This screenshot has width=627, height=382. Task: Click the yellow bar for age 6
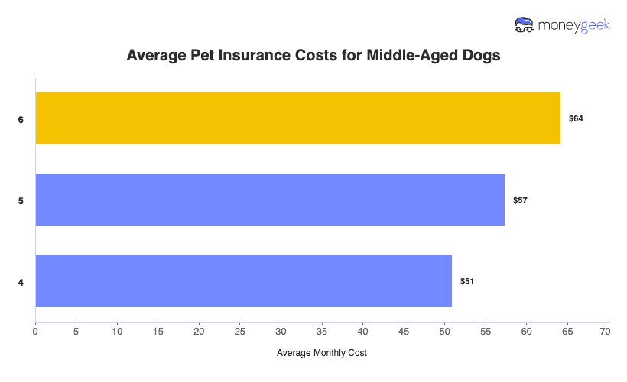pos(298,118)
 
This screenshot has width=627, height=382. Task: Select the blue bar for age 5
pos(270,200)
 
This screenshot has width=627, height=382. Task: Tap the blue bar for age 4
pos(244,281)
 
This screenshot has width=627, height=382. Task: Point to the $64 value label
pos(577,119)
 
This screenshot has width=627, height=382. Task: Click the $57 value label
pos(521,200)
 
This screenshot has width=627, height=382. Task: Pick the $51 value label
pos(467,282)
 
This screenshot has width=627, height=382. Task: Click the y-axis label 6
pos(21,120)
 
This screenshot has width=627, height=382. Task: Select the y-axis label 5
pos(21,201)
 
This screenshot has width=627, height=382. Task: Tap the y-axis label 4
pos(21,283)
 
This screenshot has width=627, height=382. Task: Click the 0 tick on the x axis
pos(35,332)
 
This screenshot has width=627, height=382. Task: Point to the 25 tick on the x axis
pos(240,332)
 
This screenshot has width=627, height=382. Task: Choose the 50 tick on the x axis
pos(445,332)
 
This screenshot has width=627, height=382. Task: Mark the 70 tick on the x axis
pos(609,332)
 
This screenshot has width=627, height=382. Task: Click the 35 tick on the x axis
pos(322,332)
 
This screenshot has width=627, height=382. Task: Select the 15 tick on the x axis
pos(158,332)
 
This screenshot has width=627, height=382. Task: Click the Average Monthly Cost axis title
pos(322,353)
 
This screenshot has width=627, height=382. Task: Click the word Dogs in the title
pos(481,57)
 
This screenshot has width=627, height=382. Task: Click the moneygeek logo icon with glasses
pos(525,25)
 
